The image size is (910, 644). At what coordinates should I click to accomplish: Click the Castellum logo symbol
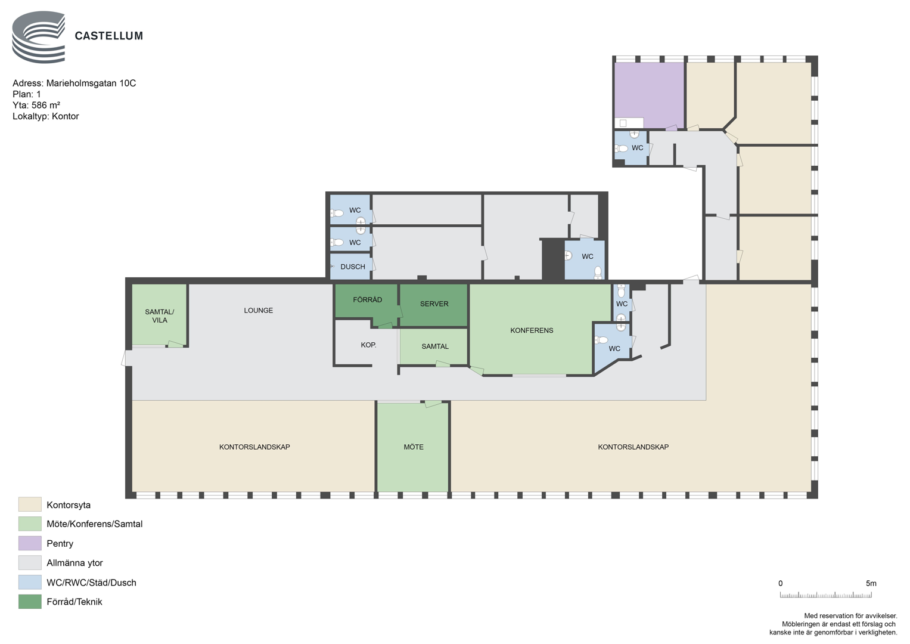(x=39, y=37)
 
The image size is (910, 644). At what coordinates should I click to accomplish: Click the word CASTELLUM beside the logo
(x=109, y=36)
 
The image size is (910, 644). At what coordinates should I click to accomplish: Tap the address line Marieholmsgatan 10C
(x=74, y=83)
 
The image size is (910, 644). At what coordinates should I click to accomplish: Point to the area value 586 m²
(x=46, y=105)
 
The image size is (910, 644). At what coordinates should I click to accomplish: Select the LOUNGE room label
(x=259, y=310)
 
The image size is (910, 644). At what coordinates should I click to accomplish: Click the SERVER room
(x=434, y=305)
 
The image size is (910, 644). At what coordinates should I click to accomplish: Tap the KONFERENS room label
(x=532, y=330)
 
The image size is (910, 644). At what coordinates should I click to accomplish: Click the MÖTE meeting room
(x=413, y=447)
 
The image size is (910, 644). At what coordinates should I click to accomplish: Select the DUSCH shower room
(x=350, y=267)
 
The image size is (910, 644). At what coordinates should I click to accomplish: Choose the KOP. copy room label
(x=368, y=345)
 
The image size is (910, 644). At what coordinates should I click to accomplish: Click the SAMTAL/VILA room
(x=159, y=315)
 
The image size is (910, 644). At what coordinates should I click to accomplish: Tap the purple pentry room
(x=649, y=94)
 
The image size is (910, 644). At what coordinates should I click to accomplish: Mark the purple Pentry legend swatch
(x=30, y=543)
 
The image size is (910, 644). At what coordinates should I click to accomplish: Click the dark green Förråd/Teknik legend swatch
(x=30, y=601)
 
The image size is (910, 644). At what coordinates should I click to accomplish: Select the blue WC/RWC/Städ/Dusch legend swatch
(x=30, y=582)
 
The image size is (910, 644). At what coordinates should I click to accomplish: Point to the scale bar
(x=825, y=595)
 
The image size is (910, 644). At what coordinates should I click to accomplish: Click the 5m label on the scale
(x=871, y=583)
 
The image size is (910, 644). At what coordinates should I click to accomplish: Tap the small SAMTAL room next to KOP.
(x=434, y=346)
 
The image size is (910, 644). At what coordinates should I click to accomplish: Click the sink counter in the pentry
(x=629, y=123)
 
